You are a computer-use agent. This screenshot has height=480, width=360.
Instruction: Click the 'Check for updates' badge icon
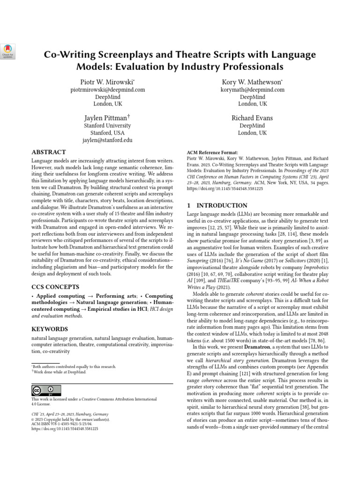[x=8, y=51]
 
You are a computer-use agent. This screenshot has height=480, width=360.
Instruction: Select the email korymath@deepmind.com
[x=252, y=89]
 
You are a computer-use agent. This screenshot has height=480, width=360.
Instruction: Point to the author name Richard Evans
[x=252, y=118]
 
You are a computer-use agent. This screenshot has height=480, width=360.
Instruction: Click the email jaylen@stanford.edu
[x=107, y=140]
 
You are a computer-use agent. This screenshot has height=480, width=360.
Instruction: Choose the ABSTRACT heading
[x=49, y=153]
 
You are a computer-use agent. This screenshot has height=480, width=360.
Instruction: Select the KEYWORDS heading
[x=49, y=329]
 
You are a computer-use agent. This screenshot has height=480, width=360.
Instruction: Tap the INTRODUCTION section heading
[x=217, y=205]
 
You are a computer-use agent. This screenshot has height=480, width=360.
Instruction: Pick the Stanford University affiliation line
[x=107, y=126]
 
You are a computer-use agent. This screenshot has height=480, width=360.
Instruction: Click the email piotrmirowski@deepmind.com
[x=107, y=89]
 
